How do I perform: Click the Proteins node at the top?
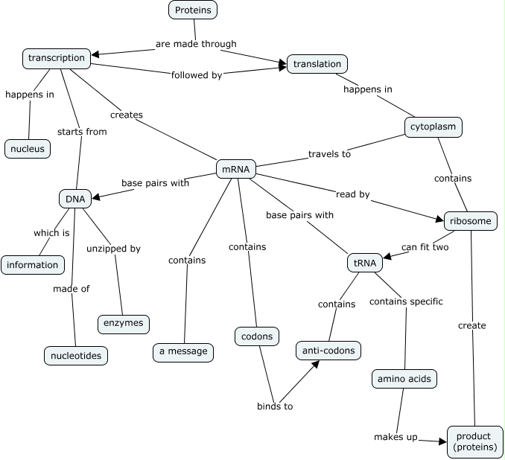coord(192,10)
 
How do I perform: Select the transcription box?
coord(57,58)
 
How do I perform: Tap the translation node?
coord(317,64)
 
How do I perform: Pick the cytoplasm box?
coord(433,127)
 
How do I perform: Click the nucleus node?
coord(28,149)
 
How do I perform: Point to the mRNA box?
coord(235,170)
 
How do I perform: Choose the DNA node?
coord(74,199)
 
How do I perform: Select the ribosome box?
coord(470,220)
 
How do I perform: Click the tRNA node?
coord(365,263)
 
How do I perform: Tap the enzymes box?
coord(123,324)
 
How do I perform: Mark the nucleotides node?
coord(75,356)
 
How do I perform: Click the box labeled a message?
coord(183,351)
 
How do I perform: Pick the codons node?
coord(257,336)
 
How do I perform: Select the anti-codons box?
coord(328,350)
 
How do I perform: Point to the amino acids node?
coord(404,379)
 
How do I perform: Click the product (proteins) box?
coord(474,441)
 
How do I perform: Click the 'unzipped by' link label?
coord(113,249)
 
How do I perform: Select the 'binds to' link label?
coord(275,406)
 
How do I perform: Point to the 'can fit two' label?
coord(425,247)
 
